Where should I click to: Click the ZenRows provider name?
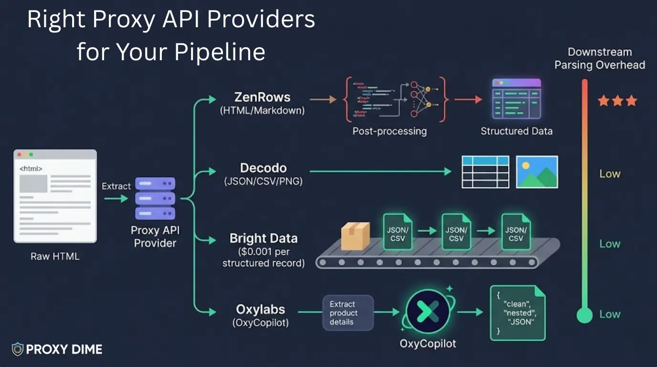262,97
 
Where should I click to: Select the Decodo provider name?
263,168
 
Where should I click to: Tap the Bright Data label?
263,238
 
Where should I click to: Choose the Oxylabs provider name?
261,309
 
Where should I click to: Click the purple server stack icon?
155,198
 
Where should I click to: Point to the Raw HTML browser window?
55,196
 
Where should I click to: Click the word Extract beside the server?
116,186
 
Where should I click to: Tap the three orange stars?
617,101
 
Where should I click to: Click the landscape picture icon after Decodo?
537,172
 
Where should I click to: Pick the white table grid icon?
485,172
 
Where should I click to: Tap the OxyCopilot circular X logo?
428,312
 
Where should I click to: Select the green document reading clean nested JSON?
518,313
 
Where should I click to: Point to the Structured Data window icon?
516,99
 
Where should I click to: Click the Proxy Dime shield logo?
18,349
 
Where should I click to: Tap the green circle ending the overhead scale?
584,315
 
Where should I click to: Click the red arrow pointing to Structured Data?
468,100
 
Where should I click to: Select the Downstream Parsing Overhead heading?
599,58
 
